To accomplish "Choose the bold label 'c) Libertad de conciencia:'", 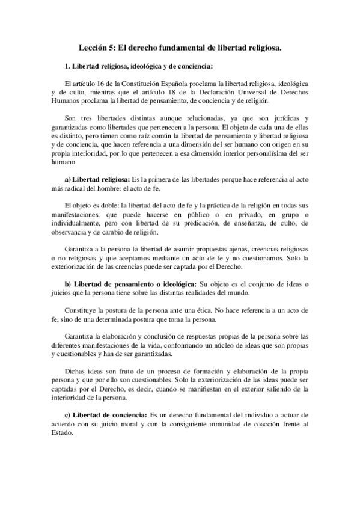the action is [105, 415].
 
